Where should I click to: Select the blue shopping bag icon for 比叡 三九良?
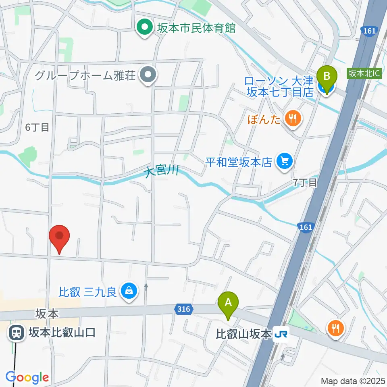coord(129,291)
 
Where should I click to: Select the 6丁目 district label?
coord(37,127)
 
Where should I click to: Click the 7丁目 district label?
coord(305,183)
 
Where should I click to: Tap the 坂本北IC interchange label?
coord(364,73)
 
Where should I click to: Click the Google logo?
coord(27,377)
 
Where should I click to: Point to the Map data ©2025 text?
coord(353,381)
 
